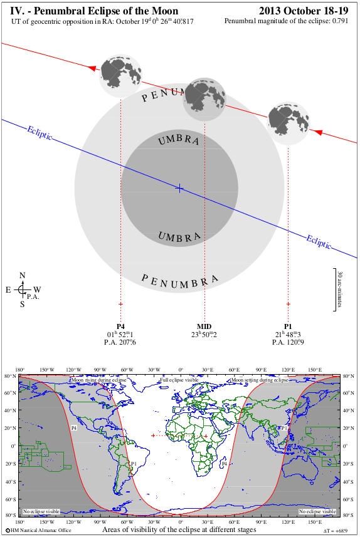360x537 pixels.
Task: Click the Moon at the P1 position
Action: (288, 120)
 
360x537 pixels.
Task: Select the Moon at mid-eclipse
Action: (204, 99)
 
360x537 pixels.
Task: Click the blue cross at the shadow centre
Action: (179, 188)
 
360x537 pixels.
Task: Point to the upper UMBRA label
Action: (179, 140)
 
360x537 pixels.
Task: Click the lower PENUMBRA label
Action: (179, 280)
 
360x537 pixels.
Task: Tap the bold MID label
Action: (204, 326)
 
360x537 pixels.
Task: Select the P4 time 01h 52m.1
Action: (120, 335)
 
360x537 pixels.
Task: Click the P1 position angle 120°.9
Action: (288, 342)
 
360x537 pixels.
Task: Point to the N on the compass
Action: (23, 276)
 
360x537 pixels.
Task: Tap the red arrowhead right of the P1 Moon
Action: (317, 132)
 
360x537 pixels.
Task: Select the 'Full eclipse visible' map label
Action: (179, 380)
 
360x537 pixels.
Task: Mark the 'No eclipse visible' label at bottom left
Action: (41, 511)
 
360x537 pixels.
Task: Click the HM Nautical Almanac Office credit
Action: (37, 531)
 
